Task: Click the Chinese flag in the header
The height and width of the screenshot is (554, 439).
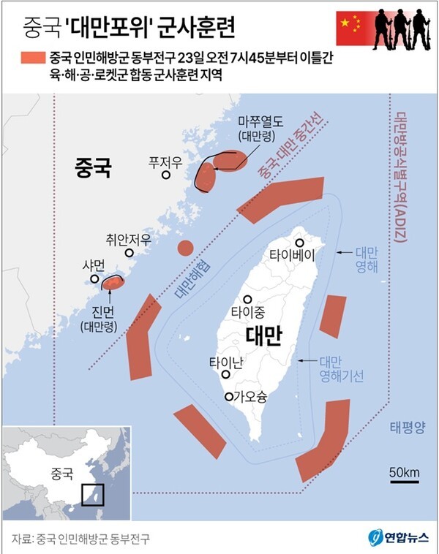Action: (349, 26)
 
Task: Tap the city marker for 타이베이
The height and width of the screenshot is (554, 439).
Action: (299, 243)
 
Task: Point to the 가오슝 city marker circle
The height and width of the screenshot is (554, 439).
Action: (229, 397)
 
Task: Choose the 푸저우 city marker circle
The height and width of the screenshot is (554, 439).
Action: (167, 175)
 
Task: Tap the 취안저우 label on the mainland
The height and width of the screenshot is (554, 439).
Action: (128, 238)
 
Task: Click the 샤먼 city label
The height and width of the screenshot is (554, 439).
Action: (95, 266)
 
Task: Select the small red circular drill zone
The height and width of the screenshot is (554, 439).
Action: (186, 248)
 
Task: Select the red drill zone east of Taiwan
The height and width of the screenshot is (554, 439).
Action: (333, 316)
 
